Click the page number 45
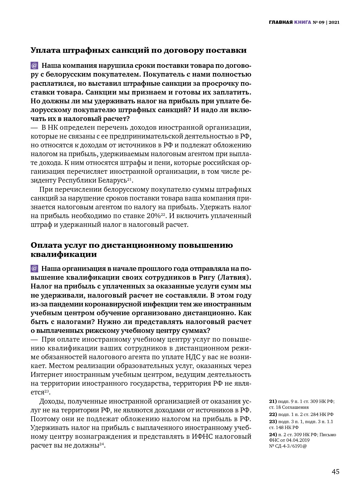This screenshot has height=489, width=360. (335, 472)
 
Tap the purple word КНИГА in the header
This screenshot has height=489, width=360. (302, 22)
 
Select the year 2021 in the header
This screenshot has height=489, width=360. (334, 22)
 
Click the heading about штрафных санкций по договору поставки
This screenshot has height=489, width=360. (139, 50)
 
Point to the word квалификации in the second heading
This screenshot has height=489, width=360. (64, 254)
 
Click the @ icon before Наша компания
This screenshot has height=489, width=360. (34, 66)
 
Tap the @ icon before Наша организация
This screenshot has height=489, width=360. (34, 269)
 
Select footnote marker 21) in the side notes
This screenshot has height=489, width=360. (273, 402)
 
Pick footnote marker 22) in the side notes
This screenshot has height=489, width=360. (273, 414)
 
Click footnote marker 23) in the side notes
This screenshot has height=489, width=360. (273, 422)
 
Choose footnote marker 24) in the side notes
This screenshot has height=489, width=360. (273, 435)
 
